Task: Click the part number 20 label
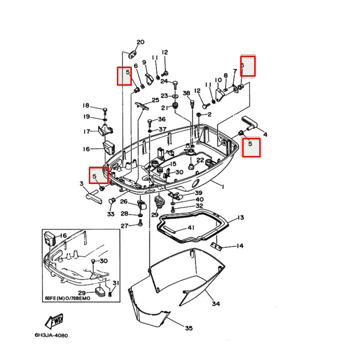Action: pos(140,42)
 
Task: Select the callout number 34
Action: pos(216,304)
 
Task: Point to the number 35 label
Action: pos(189,328)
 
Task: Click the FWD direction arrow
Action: pos(54,321)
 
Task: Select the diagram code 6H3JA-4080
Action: pos(51,335)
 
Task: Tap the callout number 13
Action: pos(241,218)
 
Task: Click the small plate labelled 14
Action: pos(216,246)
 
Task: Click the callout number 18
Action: pos(86,106)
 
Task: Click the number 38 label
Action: pos(186,93)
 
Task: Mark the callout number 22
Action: pos(200,160)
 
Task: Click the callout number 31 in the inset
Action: pos(115,283)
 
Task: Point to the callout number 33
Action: pos(110,215)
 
